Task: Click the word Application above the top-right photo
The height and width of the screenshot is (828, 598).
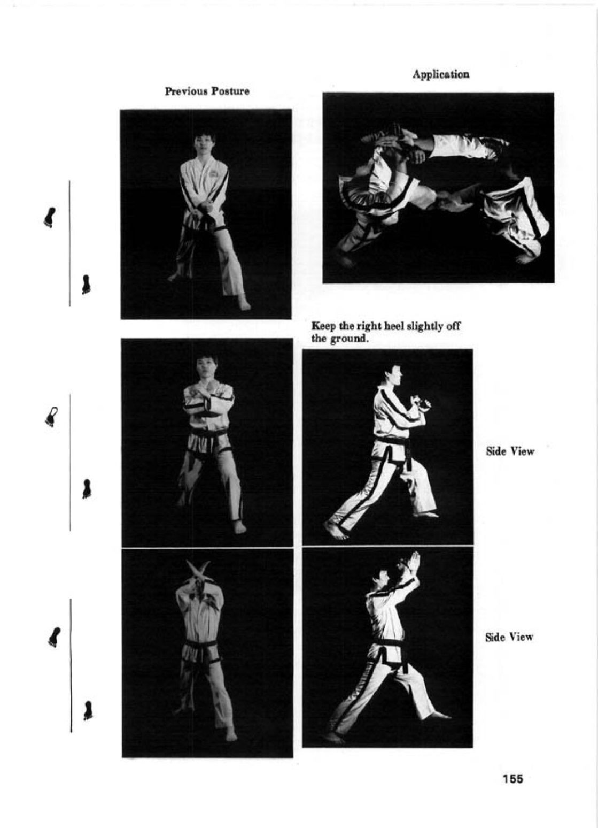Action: (441, 74)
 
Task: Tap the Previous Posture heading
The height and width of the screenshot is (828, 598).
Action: (207, 91)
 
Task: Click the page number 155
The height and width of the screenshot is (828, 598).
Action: (512, 779)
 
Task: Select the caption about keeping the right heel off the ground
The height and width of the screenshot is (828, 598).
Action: (386, 332)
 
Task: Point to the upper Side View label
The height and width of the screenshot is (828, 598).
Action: (510, 451)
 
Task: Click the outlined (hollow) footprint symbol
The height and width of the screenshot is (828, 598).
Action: (51, 417)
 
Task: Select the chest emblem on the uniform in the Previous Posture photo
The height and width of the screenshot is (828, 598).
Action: (214, 173)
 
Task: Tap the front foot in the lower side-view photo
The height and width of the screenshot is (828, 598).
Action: (437, 715)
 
